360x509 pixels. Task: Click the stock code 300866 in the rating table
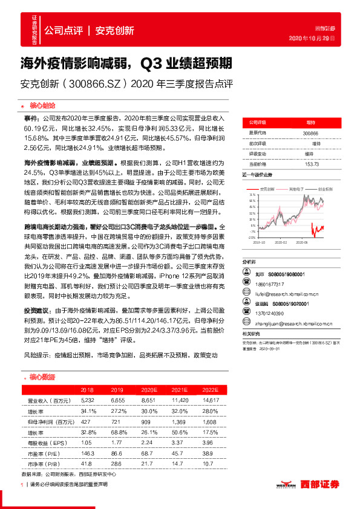pos(310,132)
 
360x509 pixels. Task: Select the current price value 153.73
pos(312,164)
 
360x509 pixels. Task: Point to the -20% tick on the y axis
pos(249,237)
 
